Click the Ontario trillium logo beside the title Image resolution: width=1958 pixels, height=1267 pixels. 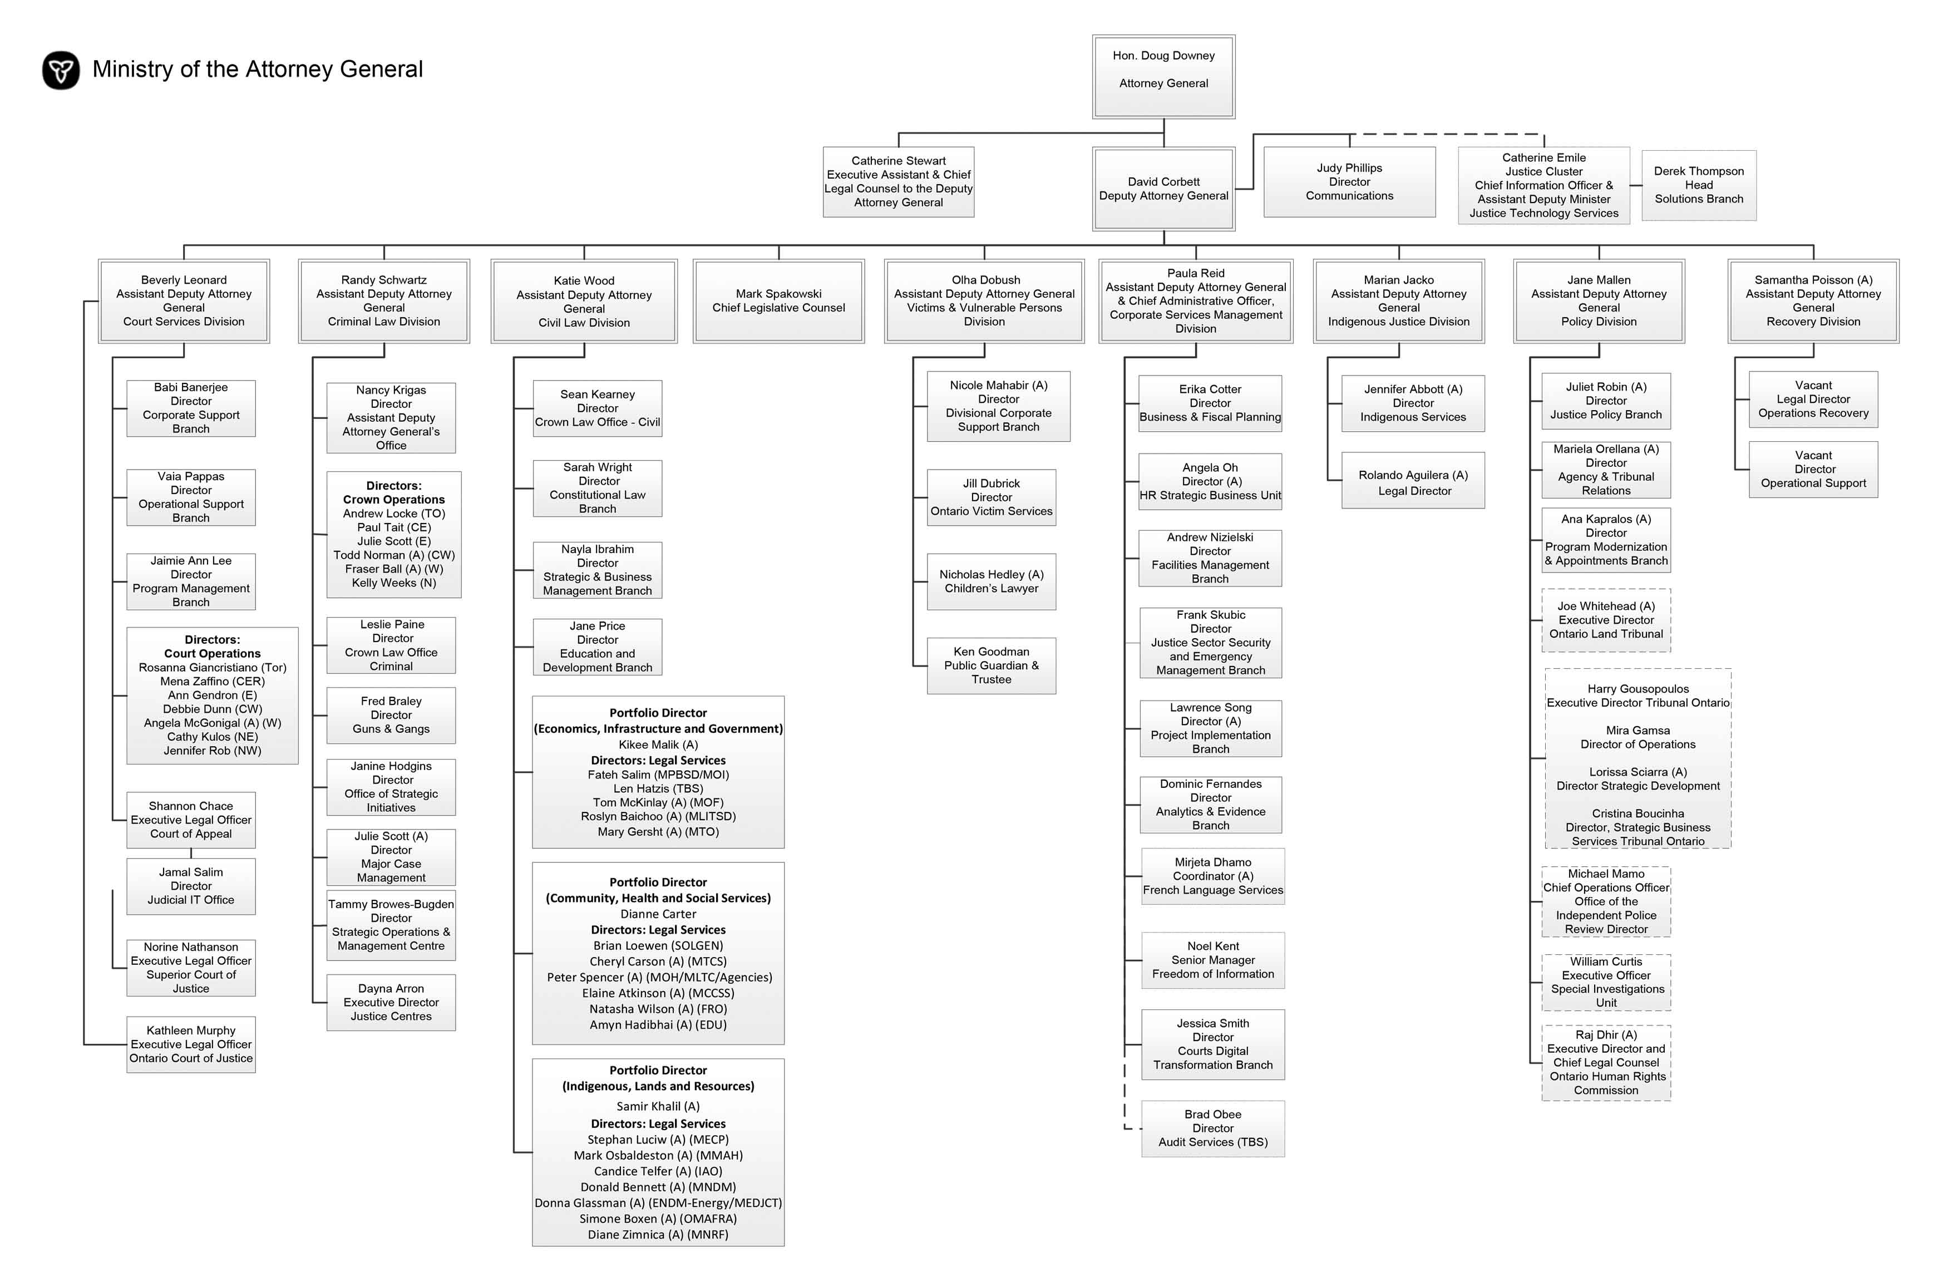click(61, 70)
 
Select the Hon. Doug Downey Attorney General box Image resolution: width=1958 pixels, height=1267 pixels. click(1163, 77)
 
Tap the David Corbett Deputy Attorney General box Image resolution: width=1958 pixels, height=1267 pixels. click(1163, 189)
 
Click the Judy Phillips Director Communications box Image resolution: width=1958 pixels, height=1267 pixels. click(1349, 182)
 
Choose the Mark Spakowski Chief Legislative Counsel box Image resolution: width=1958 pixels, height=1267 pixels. click(778, 301)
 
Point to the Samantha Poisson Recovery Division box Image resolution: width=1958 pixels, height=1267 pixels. click(1813, 301)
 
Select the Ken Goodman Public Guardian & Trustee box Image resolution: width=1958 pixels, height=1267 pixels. click(992, 665)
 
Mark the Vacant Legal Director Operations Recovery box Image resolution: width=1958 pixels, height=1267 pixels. click(1813, 400)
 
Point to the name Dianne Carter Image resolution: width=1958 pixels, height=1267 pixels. click(658, 914)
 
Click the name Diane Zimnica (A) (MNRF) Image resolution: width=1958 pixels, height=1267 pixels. click(658, 1235)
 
